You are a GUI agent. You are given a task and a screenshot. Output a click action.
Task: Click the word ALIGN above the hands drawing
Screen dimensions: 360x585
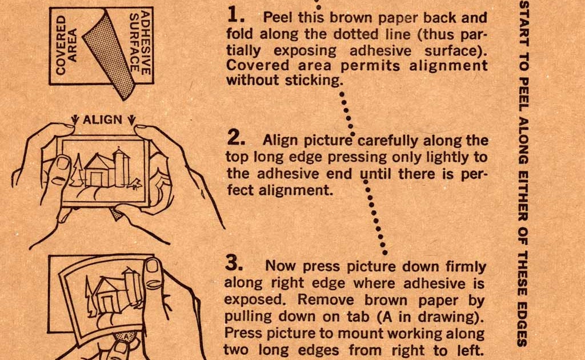(103, 119)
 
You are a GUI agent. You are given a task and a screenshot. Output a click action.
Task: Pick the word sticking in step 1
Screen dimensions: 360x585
(315, 80)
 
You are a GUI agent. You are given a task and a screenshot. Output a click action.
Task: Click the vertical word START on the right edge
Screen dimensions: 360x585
(522, 23)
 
